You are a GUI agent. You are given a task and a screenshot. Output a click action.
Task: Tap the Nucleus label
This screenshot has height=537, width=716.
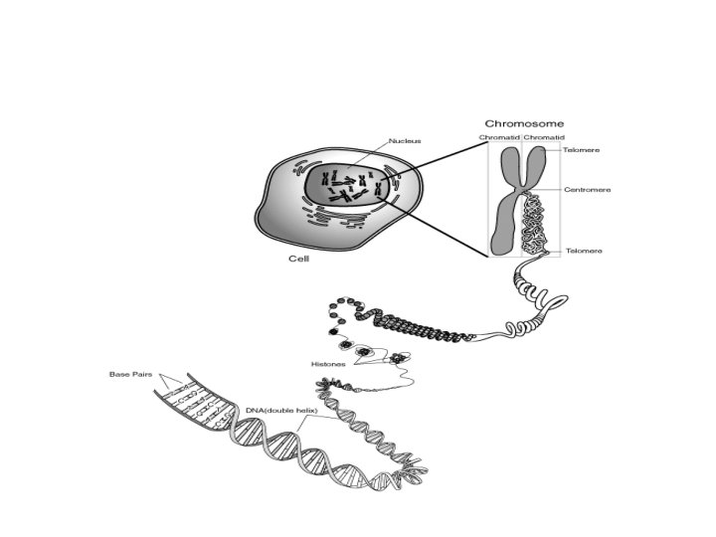[405, 141]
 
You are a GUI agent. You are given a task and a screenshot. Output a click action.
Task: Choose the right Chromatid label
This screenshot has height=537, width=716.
[544, 137]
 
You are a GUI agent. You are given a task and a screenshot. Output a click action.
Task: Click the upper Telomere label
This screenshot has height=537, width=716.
[581, 149]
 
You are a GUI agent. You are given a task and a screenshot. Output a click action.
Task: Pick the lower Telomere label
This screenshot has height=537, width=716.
[584, 251]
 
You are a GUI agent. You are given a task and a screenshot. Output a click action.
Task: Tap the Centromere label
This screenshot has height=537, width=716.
[587, 189]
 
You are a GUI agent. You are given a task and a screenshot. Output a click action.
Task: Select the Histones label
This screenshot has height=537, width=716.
[327, 365]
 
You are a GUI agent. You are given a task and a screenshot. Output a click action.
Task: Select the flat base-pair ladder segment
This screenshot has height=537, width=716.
[194, 403]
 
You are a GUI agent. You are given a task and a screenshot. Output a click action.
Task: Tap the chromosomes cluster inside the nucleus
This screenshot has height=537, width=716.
[348, 187]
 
